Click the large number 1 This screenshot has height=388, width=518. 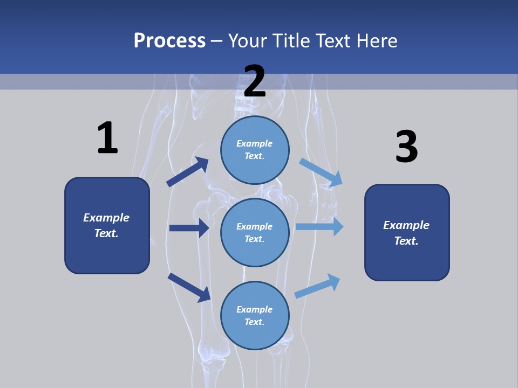(107, 138)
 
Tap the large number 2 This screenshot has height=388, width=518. (255, 81)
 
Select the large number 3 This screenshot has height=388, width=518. (406, 147)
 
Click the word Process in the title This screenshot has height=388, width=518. (169, 40)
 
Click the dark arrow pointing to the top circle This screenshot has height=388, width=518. (187, 172)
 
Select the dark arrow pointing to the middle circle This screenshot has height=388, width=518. (189, 228)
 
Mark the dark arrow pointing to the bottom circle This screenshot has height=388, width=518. (189, 287)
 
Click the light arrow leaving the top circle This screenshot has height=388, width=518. (321, 172)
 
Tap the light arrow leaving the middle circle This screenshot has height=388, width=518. (319, 227)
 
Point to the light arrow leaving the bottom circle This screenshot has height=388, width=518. (317, 286)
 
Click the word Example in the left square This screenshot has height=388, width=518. (106, 218)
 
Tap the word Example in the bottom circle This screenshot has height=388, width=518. (255, 309)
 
